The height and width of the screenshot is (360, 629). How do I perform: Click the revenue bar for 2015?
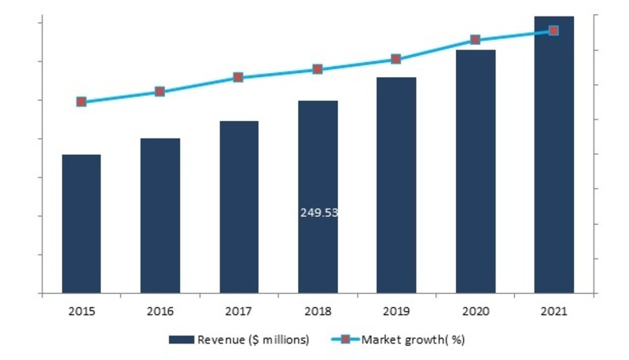pyautogui.click(x=81, y=224)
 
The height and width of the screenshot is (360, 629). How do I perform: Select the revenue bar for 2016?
pyautogui.click(x=160, y=216)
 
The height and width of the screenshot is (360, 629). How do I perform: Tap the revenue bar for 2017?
pyautogui.click(x=238, y=208)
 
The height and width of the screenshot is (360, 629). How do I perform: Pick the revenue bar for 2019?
pyautogui.click(x=396, y=186)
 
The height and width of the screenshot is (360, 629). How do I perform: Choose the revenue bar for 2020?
pyautogui.click(x=475, y=171)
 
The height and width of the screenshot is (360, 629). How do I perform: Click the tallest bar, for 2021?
pyautogui.click(x=554, y=154)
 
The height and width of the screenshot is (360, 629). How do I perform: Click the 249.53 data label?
pyautogui.click(x=318, y=212)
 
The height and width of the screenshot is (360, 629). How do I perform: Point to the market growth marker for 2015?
pyautogui.click(x=81, y=101)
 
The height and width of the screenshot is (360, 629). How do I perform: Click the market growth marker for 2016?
pyautogui.click(x=160, y=91)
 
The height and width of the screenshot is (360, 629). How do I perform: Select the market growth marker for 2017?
pyautogui.click(x=238, y=77)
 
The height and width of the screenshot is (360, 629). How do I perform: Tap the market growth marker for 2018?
pyautogui.click(x=318, y=69)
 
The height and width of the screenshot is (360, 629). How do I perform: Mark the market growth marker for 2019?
pyautogui.click(x=396, y=59)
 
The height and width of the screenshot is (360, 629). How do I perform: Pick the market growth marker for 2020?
pyautogui.click(x=475, y=39)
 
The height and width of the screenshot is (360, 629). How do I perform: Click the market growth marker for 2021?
pyautogui.click(x=554, y=31)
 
